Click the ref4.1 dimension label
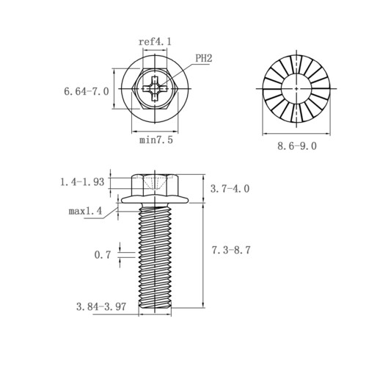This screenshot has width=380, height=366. click(155, 42)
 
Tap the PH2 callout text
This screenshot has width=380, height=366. click(204, 58)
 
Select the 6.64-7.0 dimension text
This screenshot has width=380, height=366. click(87, 91)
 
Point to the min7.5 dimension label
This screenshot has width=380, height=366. click(156, 140)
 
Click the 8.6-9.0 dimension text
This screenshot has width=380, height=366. click(297, 146)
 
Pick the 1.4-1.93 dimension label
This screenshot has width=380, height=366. click(82, 182)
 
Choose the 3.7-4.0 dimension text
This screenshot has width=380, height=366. click(230, 189)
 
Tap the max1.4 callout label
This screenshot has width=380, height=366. click(85, 211)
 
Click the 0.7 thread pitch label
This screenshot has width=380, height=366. click(103, 255)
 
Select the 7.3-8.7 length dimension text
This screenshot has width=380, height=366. click(231, 251)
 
